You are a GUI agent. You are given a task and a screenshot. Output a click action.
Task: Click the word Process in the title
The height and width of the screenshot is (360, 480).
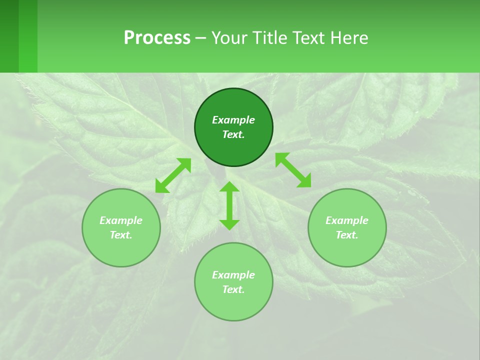[x=157, y=38]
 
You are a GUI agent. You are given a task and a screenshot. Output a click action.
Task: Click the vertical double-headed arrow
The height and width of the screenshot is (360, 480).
[x=229, y=205]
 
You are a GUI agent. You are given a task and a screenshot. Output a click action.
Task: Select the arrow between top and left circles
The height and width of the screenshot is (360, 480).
[x=173, y=175]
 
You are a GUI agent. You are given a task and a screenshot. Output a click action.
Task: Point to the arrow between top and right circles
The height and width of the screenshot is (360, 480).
[x=293, y=170]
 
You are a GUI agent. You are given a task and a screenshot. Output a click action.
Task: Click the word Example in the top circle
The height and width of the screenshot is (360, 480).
[x=233, y=120]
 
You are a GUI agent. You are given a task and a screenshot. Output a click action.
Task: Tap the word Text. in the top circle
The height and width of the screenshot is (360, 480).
[x=233, y=134]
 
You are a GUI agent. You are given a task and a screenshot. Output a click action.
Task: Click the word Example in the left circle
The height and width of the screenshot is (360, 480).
[x=121, y=220]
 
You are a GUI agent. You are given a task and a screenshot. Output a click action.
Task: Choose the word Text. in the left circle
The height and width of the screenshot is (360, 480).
[x=121, y=235]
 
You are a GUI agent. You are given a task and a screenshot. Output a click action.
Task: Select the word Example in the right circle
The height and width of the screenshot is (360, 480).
[x=347, y=220]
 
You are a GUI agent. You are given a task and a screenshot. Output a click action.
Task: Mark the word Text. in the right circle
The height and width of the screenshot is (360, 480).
[x=347, y=235]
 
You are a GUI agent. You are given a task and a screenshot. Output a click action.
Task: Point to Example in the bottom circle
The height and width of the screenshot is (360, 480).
[x=233, y=275]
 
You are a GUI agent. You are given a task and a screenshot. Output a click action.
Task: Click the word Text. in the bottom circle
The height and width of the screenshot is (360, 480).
[x=233, y=289]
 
